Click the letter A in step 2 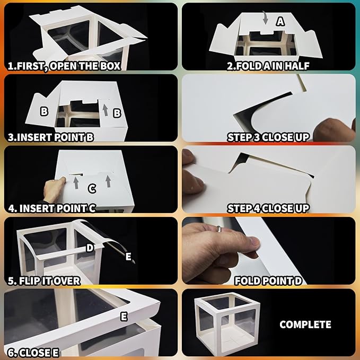pos(280,21)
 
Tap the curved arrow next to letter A pos(266,18)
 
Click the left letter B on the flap pos(44,111)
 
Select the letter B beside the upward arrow pos(117,113)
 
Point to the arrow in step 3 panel pos(105,110)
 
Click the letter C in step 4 pos(92,189)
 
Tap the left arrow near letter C pos(76,183)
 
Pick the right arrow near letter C pos(108,181)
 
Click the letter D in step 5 pos(90,248)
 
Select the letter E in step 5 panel pos(128,256)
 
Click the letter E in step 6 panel pos(124,317)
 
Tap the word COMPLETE pos(305,324)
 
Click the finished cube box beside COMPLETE pos(227,323)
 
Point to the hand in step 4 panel pos(54,190)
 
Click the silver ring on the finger pos(219,229)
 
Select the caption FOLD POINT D pos(268,281)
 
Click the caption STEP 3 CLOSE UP pos(268,137)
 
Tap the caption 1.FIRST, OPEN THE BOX pos(64,66)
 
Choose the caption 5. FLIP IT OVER pos(44,281)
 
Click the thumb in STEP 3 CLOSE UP pos(334,130)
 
